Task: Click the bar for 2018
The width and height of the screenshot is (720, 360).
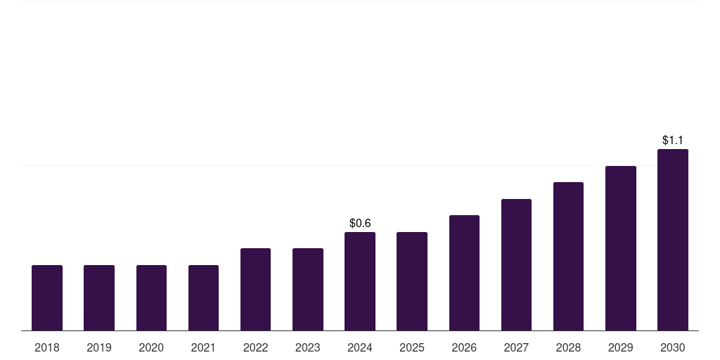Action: (x=47, y=297)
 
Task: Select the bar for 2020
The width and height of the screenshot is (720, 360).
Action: (x=151, y=297)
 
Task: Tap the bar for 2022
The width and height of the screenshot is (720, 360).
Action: (x=255, y=289)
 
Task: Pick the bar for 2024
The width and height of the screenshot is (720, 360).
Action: (x=360, y=281)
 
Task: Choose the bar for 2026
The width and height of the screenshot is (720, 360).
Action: (x=464, y=273)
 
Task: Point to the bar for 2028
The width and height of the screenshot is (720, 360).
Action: (x=568, y=256)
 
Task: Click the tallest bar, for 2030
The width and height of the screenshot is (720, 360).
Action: (x=673, y=240)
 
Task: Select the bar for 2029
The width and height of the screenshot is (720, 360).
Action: (x=621, y=248)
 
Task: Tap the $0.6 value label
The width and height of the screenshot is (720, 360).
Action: (x=360, y=223)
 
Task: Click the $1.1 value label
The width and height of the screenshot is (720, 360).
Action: (x=673, y=141)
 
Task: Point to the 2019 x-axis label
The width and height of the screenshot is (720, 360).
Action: (x=99, y=347)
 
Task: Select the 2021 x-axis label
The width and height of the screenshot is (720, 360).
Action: (x=203, y=347)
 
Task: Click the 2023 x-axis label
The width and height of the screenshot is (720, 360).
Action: (x=308, y=347)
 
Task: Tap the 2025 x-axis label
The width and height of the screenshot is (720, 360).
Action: (x=412, y=347)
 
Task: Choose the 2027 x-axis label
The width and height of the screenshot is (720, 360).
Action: (x=516, y=347)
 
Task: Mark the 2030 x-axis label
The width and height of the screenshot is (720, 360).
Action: (x=673, y=347)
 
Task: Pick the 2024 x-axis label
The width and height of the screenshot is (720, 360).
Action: (x=360, y=347)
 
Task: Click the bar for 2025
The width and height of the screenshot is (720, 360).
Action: (x=412, y=281)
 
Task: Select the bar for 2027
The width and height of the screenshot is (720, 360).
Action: (x=516, y=264)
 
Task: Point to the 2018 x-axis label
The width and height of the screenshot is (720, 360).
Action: (x=47, y=347)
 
